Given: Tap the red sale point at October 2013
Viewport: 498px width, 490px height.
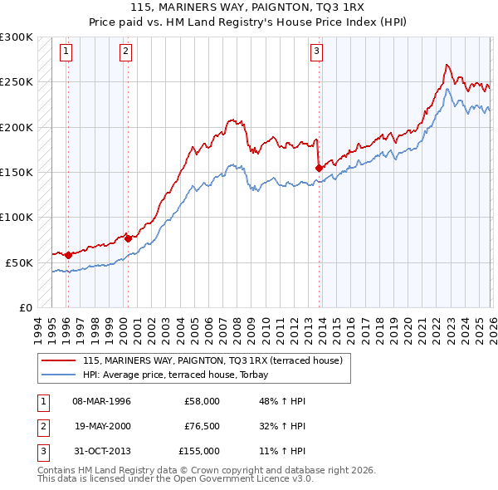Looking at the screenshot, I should click(319, 168).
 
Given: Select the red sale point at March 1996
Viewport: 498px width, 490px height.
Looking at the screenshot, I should click(68, 255).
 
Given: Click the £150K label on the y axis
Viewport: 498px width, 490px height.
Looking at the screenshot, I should click(17, 172).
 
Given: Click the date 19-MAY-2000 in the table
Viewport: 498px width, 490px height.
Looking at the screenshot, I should click(103, 425).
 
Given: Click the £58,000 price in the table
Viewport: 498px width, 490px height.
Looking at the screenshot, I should click(202, 400).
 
